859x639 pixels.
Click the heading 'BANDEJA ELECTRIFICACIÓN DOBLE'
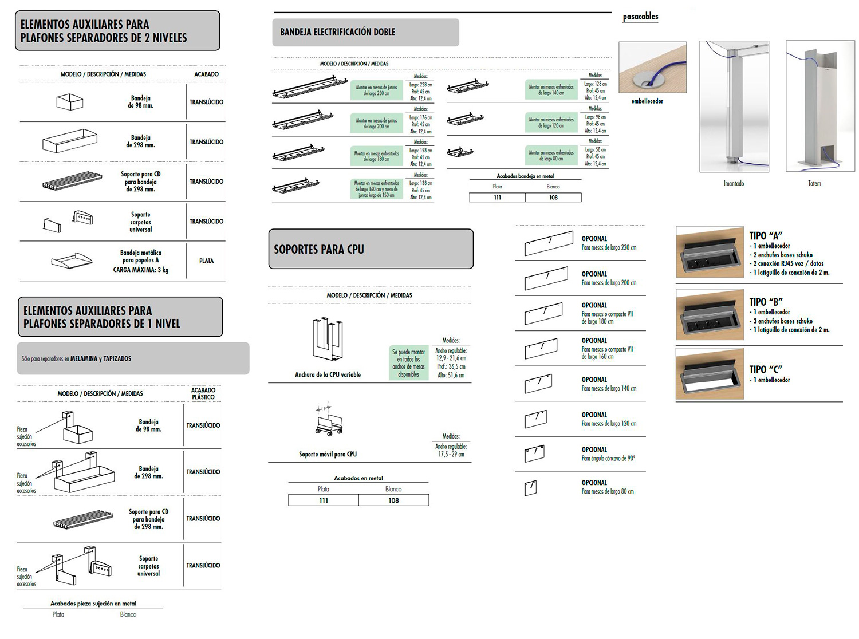[x=337, y=32]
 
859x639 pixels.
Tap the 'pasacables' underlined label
[x=640, y=17]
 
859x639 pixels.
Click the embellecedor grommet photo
[x=652, y=67]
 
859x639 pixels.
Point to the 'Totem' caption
[x=814, y=183]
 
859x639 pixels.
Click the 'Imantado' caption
[x=734, y=183]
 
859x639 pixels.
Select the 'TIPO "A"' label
[x=766, y=235]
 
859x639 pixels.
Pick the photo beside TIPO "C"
[x=710, y=373]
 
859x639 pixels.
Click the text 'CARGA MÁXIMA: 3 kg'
[x=140, y=270]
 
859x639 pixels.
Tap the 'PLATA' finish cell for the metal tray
[x=206, y=261]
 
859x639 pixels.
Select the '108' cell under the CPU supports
[x=393, y=500]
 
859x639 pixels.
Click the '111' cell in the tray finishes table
[x=497, y=198]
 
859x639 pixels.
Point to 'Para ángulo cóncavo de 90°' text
[x=608, y=458]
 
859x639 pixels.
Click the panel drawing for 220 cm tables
[x=548, y=243]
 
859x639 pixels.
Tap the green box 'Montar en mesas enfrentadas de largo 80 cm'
[x=551, y=156]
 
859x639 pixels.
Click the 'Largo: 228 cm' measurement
[x=420, y=85]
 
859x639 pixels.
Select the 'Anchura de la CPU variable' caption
[x=328, y=374]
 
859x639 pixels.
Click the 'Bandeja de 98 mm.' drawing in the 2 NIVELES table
[x=70, y=102]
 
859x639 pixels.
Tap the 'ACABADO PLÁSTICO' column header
[x=203, y=393]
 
